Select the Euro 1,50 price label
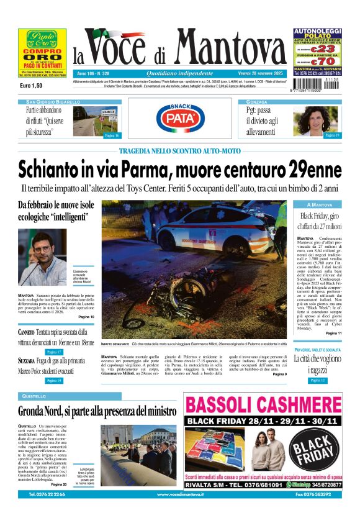(31, 85)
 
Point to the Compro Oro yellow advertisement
(42, 52)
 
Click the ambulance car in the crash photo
(211, 232)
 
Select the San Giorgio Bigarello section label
(53, 101)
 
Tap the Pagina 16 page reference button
(111, 135)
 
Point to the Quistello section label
(34, 396)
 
